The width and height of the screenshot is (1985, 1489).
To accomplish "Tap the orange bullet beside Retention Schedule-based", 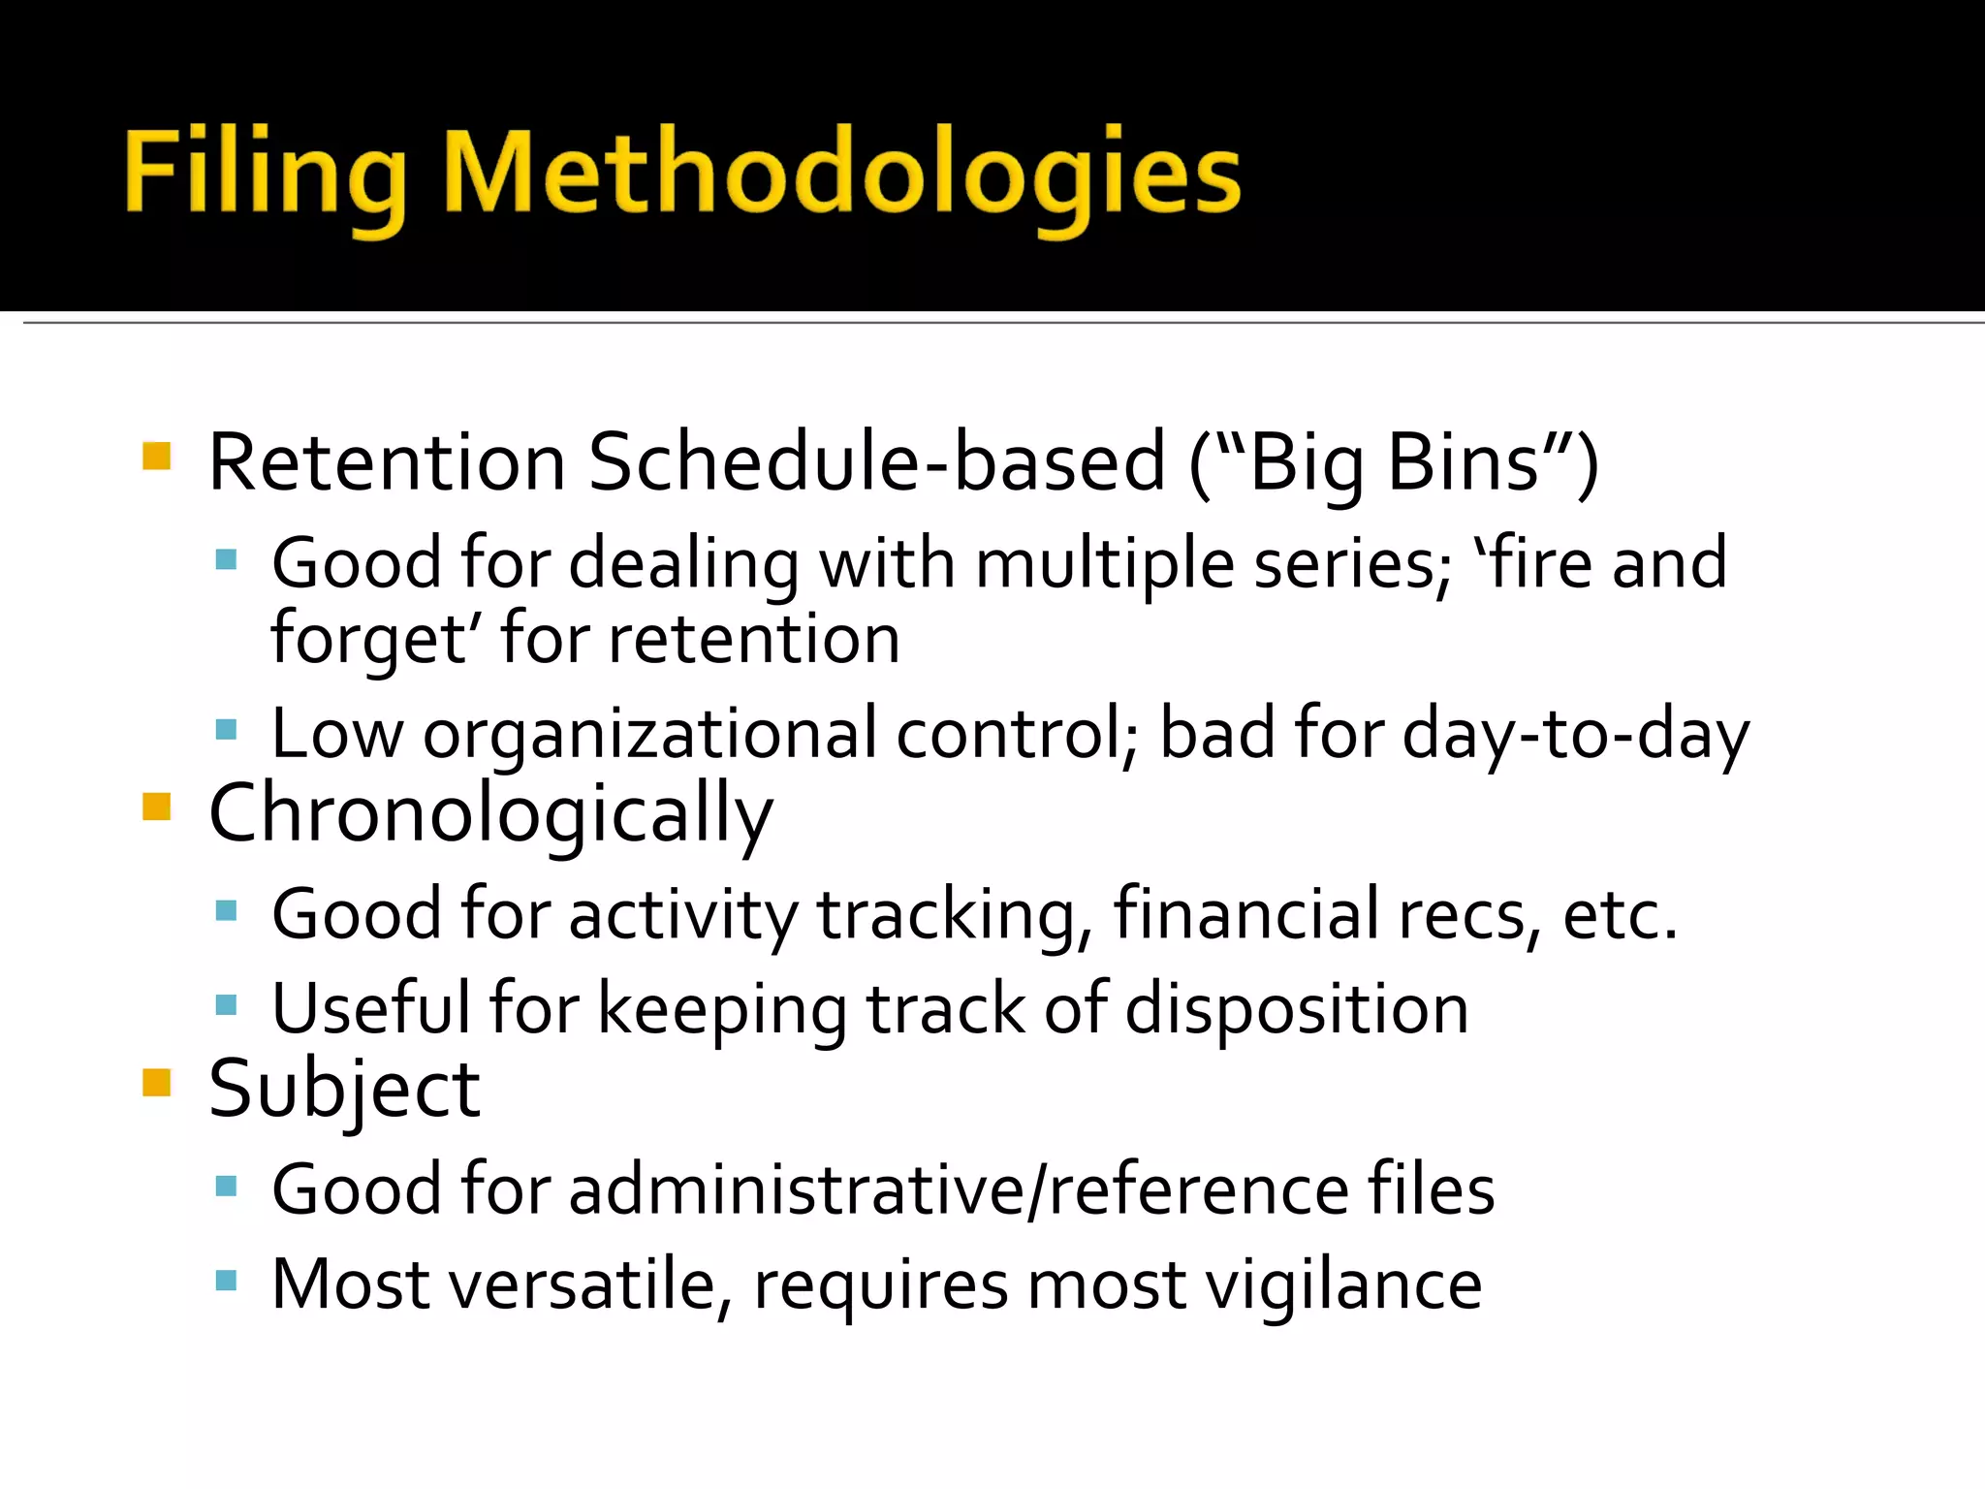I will (156, 456).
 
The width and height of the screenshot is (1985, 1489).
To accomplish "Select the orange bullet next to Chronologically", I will (156, 807).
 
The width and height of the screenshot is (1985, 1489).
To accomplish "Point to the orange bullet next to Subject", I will (156, 1082).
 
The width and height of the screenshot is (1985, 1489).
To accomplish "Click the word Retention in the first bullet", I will (387, 463).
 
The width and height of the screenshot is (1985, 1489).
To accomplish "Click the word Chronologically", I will (490, 814).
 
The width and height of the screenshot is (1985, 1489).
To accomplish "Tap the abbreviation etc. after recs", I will (1620, 915).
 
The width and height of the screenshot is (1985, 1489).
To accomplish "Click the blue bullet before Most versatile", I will (227, 1282).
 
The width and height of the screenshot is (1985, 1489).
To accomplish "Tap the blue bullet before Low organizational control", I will (227, 729).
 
